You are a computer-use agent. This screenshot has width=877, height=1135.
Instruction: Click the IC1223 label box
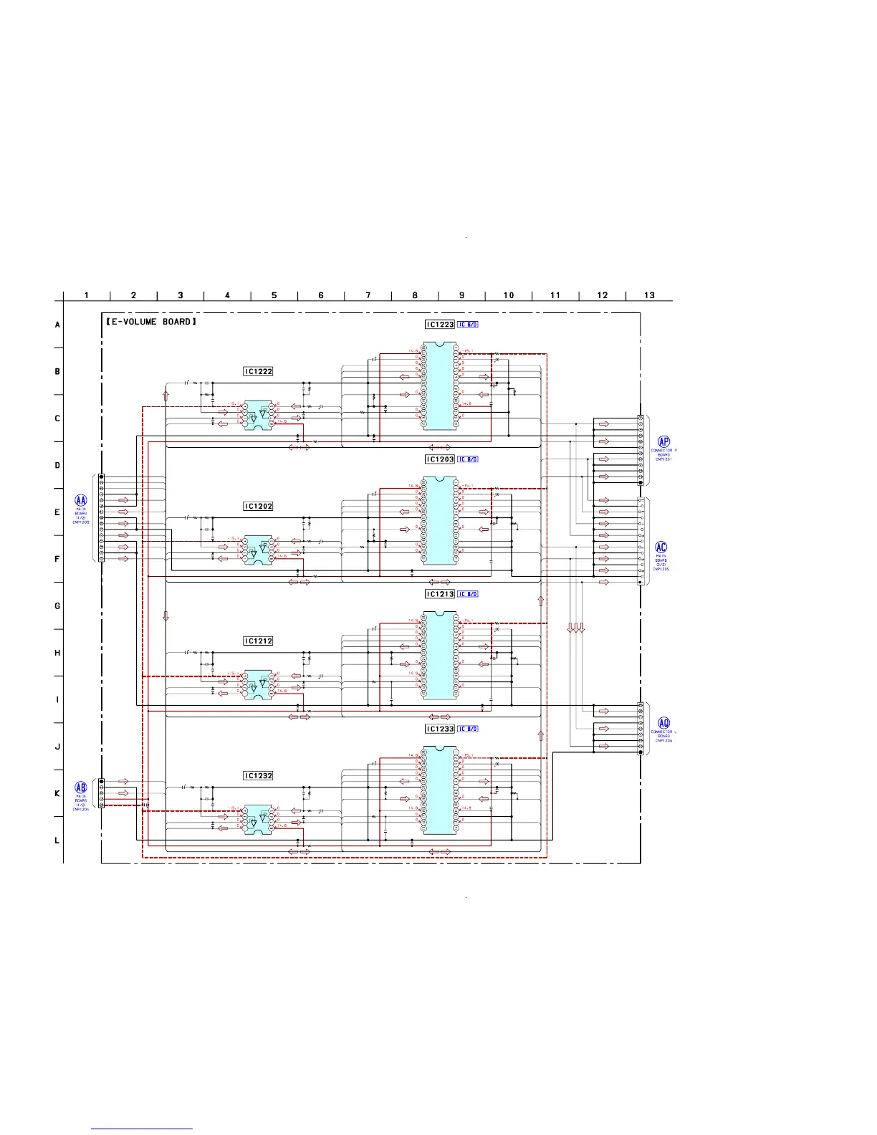point(440,325)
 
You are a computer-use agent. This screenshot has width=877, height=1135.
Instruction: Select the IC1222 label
point(258,371)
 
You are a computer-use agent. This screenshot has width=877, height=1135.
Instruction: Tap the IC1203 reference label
point(440,459)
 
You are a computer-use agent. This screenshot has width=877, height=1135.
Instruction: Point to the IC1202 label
point(258,506)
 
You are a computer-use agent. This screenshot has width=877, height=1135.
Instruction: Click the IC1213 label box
point(440,594)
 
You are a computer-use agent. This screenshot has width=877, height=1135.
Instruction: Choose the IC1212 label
point(258,641)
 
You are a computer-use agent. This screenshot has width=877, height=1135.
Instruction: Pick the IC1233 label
point(440,729)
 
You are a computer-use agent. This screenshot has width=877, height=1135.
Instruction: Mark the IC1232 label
point(258,776)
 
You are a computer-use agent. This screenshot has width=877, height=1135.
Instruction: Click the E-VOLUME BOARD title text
point(150,322)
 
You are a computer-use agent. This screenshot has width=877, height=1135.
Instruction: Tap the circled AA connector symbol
point(81,501)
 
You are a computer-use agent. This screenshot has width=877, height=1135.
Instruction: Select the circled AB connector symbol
point(81,787)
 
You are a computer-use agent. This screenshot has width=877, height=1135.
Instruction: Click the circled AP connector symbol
point(663,442)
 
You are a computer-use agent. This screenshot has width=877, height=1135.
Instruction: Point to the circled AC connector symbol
point(661,547)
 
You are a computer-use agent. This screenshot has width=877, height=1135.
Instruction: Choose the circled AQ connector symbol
point(663,724)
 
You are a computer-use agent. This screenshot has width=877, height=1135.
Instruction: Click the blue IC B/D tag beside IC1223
point(468,325)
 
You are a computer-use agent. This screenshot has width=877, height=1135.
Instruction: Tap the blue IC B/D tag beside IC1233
point(468,729)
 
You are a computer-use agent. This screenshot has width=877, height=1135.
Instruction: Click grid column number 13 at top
point(649,295)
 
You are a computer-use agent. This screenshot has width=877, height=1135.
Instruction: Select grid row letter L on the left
point(57,841)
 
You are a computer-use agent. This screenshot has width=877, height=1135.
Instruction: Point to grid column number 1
point(87,295)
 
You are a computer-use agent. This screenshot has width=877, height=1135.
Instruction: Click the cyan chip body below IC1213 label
point(440,655)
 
